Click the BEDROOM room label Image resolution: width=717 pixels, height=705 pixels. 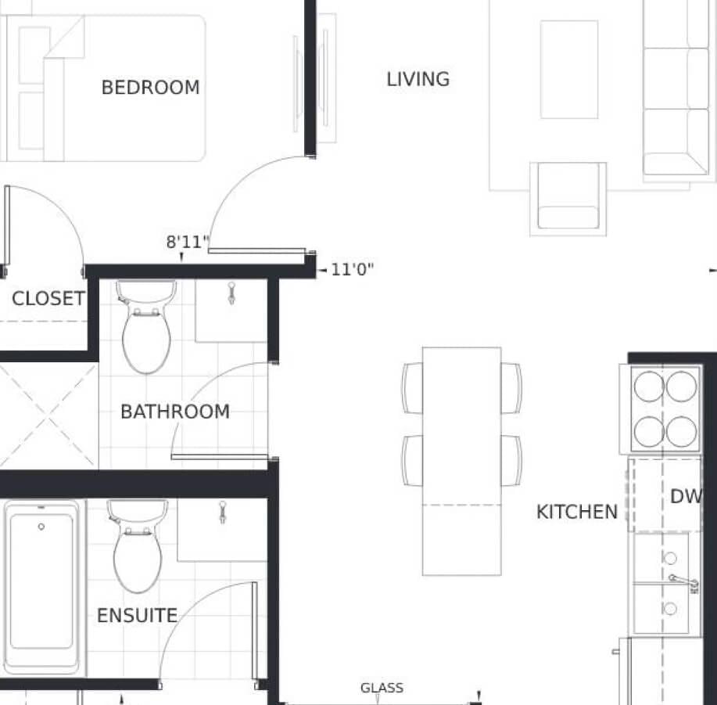point(150,88)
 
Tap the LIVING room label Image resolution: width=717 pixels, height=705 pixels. point(418,79)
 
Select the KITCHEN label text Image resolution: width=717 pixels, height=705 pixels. point(577,512)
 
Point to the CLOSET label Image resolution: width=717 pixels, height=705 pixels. point(48,299)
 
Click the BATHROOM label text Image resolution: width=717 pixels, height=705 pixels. point(175,412)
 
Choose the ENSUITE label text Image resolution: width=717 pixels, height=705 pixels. point(137,615)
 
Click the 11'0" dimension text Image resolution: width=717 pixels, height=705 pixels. point(352,269)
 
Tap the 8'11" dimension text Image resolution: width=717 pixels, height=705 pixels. point(188,242)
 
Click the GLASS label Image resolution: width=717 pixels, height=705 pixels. point(382,688)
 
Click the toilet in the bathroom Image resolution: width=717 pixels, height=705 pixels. point(146,326)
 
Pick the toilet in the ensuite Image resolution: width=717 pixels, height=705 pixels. point(137,546)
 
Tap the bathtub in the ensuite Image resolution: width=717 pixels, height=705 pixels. point(41,588)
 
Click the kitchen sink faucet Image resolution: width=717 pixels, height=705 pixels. point(684,583)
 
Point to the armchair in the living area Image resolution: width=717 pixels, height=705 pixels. point(568,199)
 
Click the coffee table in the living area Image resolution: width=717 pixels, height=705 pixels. point(569,70)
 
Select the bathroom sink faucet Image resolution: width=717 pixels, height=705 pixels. point(232,293)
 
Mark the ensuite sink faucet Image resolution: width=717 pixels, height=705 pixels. point(223,513)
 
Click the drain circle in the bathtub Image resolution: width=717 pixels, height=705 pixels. point(41,527)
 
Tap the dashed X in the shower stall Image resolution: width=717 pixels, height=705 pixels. point(49,415)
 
